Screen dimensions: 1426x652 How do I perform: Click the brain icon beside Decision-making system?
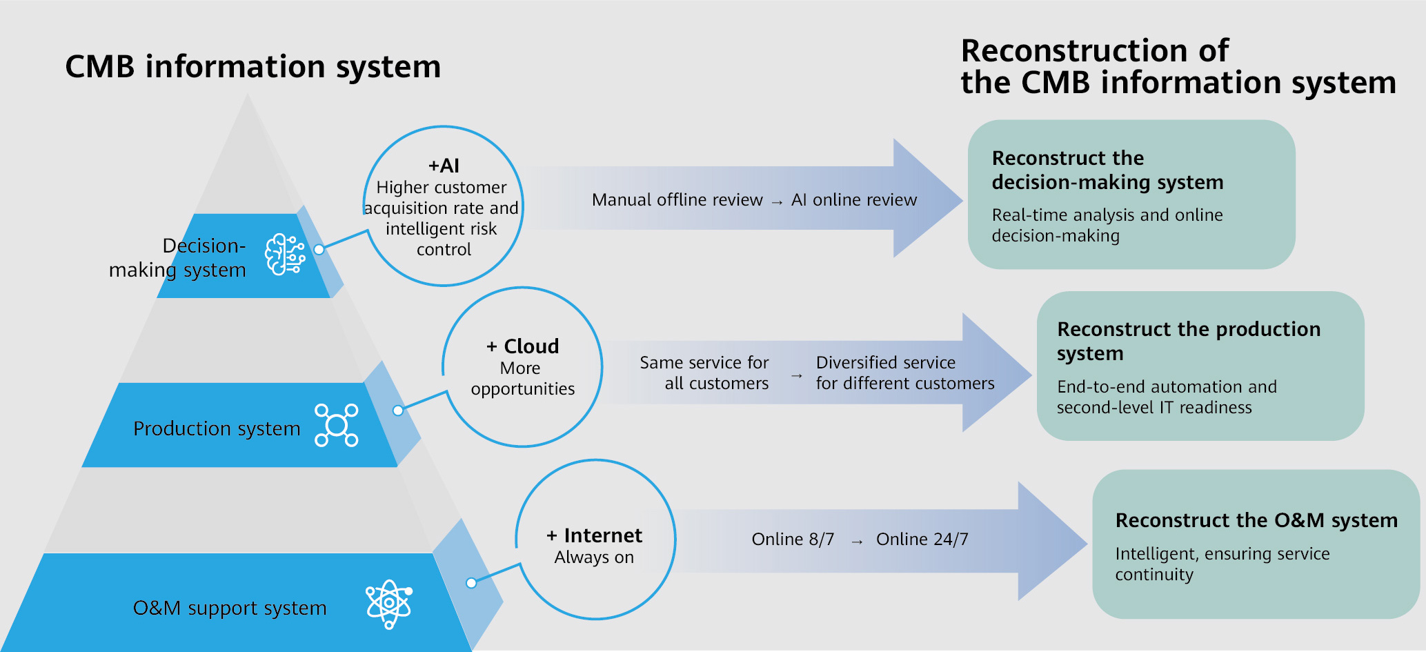(x=285, y=255)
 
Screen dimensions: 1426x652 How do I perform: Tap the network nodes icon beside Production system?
(x=337, y=425)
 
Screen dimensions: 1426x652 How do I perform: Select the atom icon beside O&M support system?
(x=389, y=604)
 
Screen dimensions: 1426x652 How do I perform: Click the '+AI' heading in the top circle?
(x=444, y=166)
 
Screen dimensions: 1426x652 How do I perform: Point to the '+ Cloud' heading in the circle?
(x=522, y=346)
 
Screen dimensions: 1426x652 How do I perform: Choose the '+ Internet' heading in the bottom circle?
(x=594, y=535)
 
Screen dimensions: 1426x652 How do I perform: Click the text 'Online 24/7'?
(x=922, y=539)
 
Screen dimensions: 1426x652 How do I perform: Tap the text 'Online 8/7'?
(x=793, y=539)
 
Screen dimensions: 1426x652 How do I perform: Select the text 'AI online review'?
(x=854, y=199)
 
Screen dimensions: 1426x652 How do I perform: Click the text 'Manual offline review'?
(x=677, y=199)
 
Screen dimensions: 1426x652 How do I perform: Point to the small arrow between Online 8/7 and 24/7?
(x=857, y=542)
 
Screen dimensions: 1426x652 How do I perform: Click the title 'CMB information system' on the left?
(x=252, y=67)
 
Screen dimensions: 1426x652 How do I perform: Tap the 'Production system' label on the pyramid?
(x=217, y=428)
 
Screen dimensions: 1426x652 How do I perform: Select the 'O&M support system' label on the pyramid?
(x=230, y=608)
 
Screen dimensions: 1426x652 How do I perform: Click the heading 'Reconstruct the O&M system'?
(x=1256, y=520)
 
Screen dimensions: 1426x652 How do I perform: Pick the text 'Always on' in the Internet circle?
(x=594, y=557)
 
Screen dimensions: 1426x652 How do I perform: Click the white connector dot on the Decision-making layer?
(x=319, y=249)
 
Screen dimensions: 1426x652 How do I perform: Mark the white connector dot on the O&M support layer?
(x=471, y=583)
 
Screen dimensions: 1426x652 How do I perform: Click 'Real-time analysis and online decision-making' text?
(x=1107, y=225)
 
